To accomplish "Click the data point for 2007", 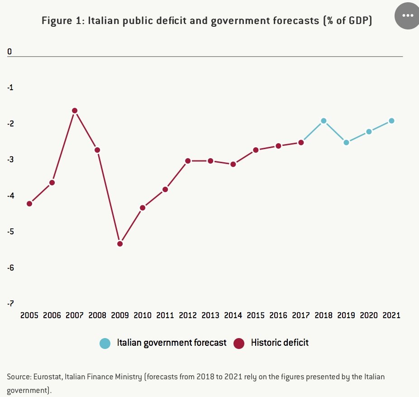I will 75,111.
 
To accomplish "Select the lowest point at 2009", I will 120,244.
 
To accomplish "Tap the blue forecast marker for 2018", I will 324,121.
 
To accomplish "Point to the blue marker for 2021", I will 391,121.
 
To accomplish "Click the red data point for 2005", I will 29,203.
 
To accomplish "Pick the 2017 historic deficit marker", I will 301,142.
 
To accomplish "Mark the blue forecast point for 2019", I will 346,142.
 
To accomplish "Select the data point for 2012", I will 188,160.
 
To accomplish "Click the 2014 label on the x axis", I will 233,315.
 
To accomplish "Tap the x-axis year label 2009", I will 120,315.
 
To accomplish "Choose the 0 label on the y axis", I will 9,52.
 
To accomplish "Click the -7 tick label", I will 10,304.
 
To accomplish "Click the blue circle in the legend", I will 105,343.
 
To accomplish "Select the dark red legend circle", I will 239,343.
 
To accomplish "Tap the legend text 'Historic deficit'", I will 280,343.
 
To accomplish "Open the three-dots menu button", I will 408,15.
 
